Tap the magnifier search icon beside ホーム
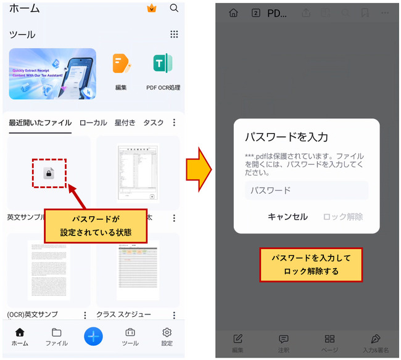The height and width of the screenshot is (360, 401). [174, 8]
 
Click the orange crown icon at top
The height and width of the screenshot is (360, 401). [151, 8]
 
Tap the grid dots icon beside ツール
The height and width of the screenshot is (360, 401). [174, 35]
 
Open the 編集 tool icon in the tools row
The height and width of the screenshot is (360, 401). [121, 64]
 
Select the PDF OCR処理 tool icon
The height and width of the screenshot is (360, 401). [163, 64]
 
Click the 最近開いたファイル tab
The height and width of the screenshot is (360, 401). [40, 123]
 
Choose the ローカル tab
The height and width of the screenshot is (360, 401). [93, 123]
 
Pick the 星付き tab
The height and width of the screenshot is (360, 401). [125, 123]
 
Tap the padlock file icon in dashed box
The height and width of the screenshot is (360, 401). [49, 173]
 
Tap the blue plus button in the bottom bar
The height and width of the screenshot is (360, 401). [93, 336]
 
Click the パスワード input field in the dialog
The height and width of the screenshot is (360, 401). [306, 190]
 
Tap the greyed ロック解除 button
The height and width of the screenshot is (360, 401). [342, 216]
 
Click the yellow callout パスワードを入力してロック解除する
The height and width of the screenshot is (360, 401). [311, 265]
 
